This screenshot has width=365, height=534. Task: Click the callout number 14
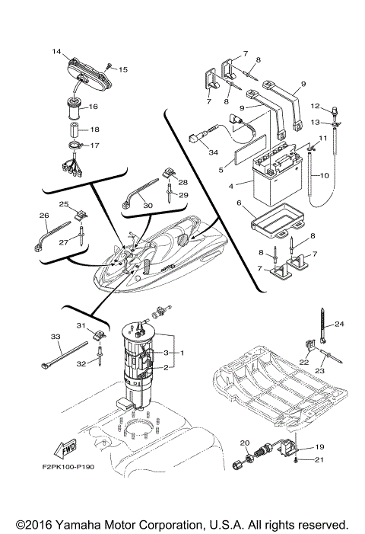[x=56, y=52]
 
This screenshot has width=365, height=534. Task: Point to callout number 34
[x=192, y=152]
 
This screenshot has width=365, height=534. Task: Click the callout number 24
[x=339, y=324]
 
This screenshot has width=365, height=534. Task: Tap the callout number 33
[x=55, y=336]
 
